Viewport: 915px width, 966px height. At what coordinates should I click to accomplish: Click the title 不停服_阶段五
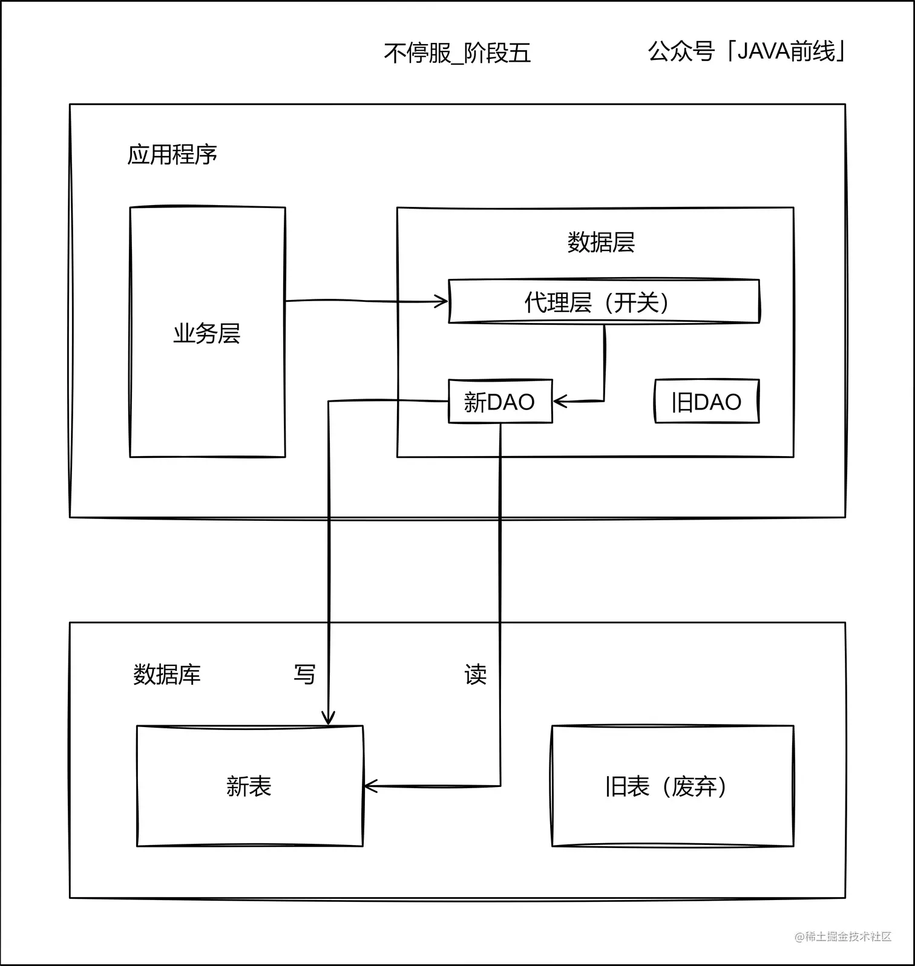tap(457, 53)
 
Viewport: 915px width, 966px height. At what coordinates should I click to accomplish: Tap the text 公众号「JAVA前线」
tap(746, 51)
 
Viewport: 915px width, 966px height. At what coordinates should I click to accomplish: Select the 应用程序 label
tap(172, 155)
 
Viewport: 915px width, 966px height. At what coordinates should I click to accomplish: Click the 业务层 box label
tap(207, 333)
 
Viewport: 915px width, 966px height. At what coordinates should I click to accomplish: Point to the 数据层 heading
tap(600, 242)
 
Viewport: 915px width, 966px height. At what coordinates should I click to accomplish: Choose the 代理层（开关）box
tap(603, 301)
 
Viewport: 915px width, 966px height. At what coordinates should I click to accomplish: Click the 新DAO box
tap(500, 401)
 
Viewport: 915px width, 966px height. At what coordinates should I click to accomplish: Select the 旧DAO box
tap(706, 401)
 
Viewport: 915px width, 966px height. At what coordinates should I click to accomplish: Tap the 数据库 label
tap(167, 674)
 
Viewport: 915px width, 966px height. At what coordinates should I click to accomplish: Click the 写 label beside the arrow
tap(304, 674)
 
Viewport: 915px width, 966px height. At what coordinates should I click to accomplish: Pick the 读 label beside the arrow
tap(476, 674)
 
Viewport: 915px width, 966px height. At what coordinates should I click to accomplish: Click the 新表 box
tap(249, 786)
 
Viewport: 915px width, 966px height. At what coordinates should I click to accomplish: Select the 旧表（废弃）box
tap(672, 786)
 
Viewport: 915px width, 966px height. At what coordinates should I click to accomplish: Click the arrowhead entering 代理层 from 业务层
tap(442, 301)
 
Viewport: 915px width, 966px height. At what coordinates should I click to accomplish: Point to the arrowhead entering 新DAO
tap(559, 401)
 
